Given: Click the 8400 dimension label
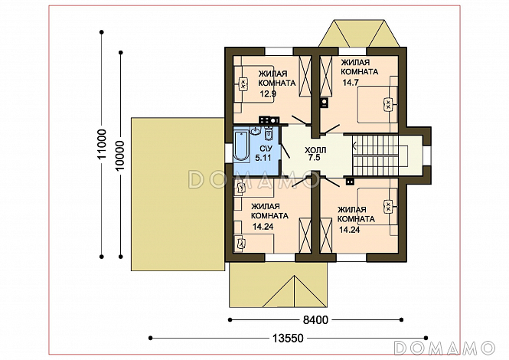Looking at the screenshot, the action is [x=315, y=320].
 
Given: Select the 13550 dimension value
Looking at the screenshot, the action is [x=288, y=339].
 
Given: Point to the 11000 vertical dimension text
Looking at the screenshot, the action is [x=102, y=144].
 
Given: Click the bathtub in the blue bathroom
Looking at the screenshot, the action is [x=241, y=146].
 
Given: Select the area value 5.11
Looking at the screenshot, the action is [x=263, y=159].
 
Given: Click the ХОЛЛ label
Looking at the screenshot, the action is [x=315, y=150].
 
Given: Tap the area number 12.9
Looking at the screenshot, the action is [x=268, y=94].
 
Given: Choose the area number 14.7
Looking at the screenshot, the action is [x=351, y=83].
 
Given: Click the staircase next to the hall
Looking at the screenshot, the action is [x=380, y=155].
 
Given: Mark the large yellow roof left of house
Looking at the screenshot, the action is [x=178, y=194].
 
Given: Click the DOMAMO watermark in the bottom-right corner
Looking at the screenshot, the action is [x=444, y=348].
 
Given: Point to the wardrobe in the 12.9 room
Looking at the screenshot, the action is [x=305, y=77].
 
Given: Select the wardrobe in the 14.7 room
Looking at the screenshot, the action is [x=326, y=77].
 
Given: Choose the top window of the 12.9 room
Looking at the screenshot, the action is [x=279, y=51].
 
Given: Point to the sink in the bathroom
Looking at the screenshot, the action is [x=256, y=131].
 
